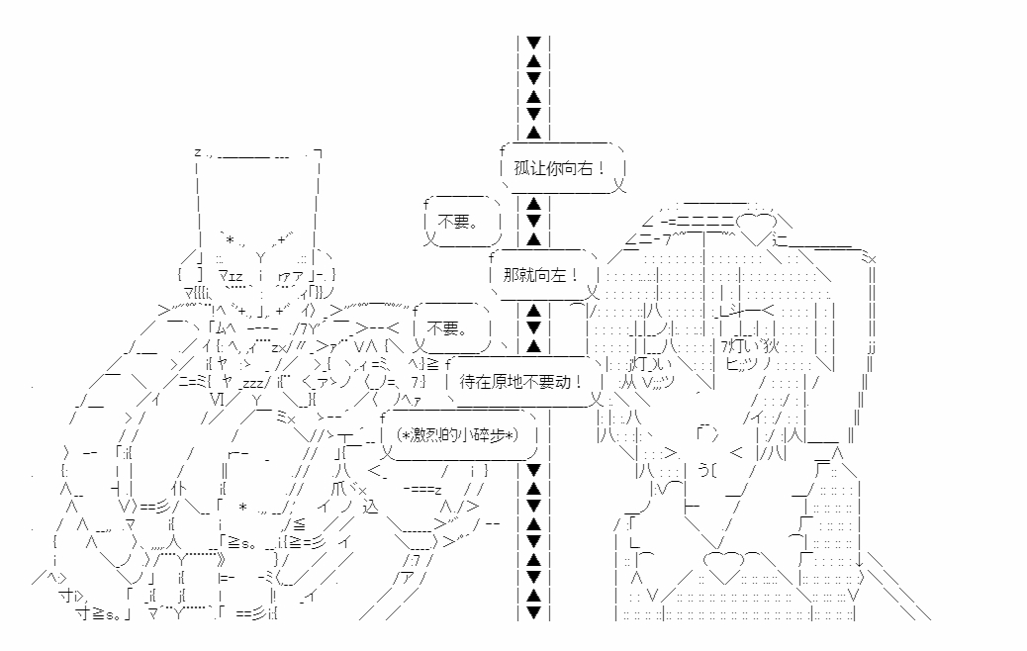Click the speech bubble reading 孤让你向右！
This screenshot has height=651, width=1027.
click(561, 168)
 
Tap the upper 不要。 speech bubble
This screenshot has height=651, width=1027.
click(461, 222)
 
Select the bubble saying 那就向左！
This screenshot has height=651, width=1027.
click(543, 274)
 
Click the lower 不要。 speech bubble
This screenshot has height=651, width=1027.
click(452, 327)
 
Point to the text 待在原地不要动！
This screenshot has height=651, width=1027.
click(521, 381)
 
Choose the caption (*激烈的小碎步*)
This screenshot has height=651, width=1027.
click(457, 434)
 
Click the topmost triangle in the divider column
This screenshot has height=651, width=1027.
click(534, 43)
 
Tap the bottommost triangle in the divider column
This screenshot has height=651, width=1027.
click(534, 613)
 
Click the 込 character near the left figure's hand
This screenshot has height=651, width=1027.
click(370, 506)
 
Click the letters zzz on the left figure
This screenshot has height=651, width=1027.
click(252, 384)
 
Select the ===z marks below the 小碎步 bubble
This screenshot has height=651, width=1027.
click(421, 489)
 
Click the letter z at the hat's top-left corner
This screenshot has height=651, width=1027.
click(198, 152)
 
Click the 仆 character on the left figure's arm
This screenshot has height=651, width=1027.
click(179, 488)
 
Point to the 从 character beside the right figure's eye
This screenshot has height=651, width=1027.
click(628, 381)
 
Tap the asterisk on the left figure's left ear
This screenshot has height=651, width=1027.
click(231, 239)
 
